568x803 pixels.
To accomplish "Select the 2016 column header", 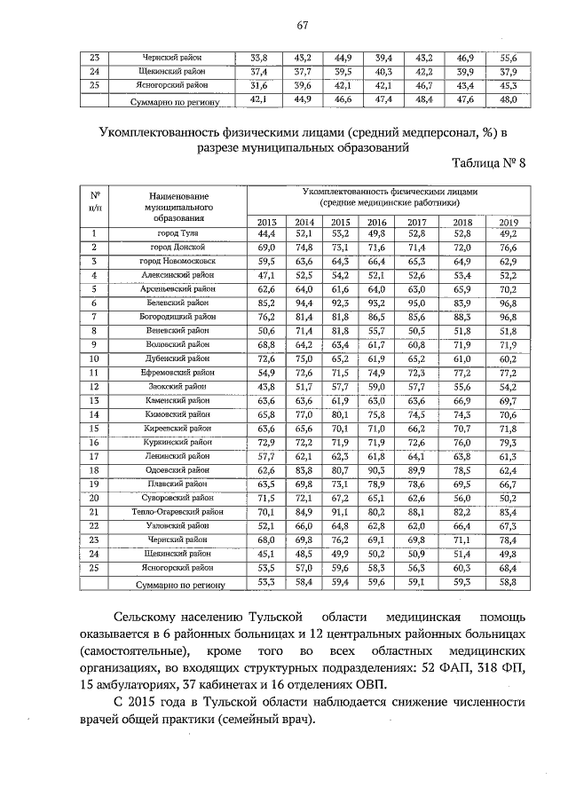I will tap(376, 222).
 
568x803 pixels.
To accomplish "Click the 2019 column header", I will tap(508, 222).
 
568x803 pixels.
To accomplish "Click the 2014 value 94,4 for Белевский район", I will tap(304, 303).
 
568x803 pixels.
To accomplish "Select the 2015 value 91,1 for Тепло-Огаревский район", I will tap(340, 512).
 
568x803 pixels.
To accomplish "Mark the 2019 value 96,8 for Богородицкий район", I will tap(508, 317).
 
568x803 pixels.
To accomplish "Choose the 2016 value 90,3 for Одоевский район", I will tap(376, 470).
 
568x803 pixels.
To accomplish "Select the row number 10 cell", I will tap(94, 358).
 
